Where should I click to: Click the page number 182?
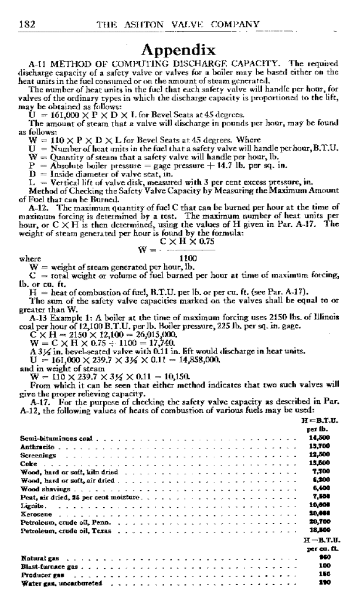click(x=28, y=24)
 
